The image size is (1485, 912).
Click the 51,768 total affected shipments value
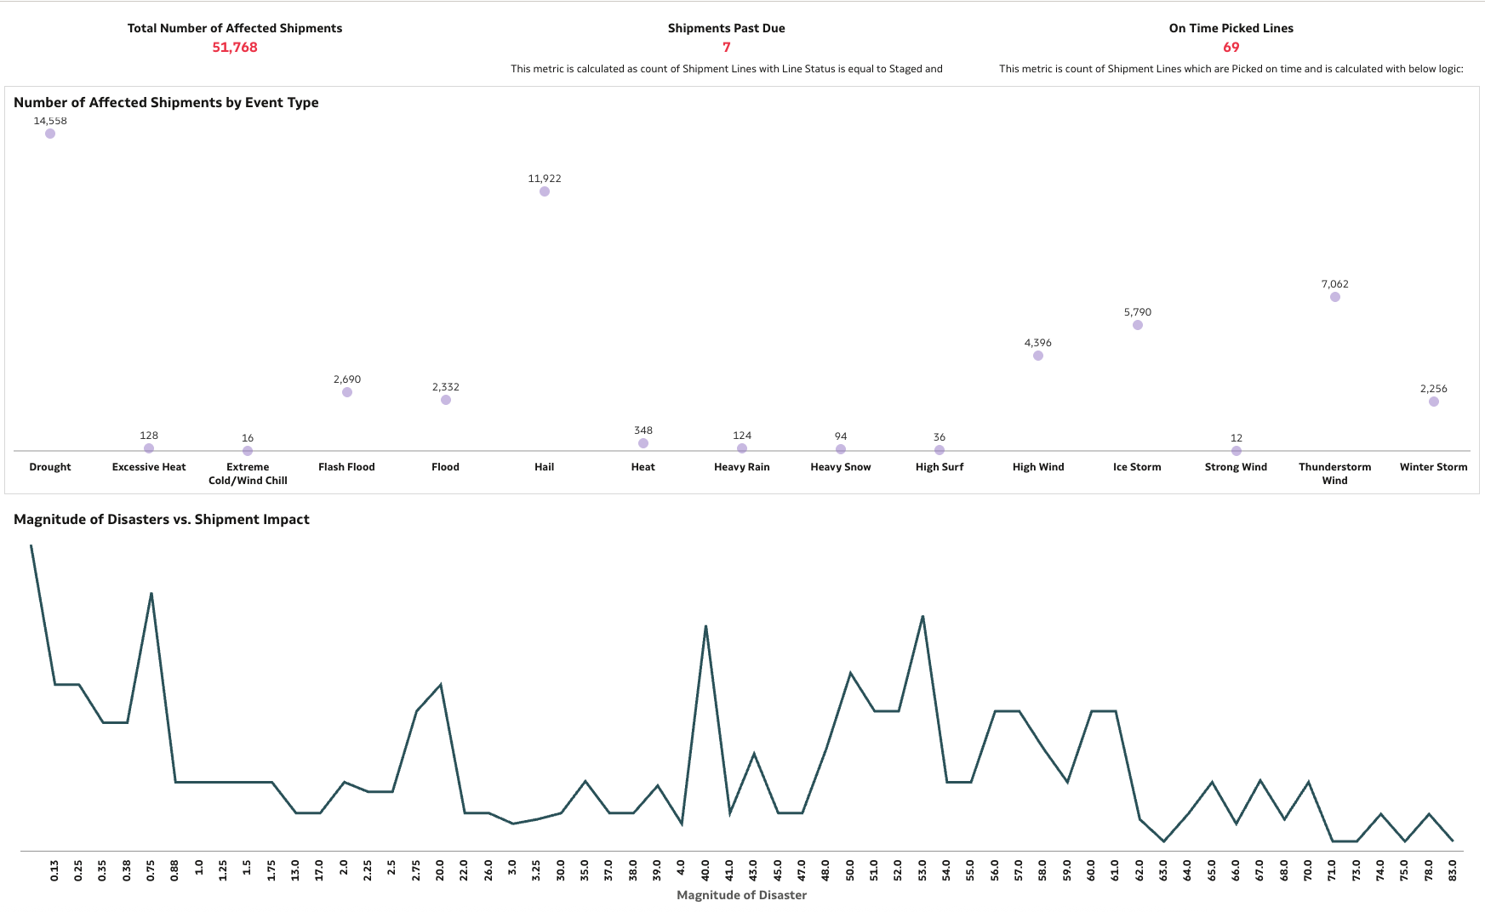(x=234, y=48)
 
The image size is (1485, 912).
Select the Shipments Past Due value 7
(x=726, y=48)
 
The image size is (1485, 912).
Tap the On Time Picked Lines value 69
(x=1231, y=48)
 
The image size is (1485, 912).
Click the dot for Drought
(x=50, y=134)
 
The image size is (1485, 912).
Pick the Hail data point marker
(x=545, y=191)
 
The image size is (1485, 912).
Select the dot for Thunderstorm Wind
(x=1334, y=297)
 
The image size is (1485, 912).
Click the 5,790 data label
(x=1137, y=312)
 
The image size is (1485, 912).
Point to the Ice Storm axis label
(x=1137, y=467)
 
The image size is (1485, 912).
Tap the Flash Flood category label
(x=346, y=467)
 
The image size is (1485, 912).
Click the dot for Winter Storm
(x=1433, y=402)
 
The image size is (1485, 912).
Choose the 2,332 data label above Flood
(x=445, y=387)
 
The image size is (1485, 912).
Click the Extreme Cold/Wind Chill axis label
(x=248, y=474)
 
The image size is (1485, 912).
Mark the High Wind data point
(x=1038, y=356)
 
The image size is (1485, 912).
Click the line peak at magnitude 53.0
(x=922, y=616)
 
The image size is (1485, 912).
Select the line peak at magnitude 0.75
(x=151, y=594)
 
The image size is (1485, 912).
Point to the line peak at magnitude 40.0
(x=705, y=627)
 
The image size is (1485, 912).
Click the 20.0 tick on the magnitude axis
(x=440, y=869)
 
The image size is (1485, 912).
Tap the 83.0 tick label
(x=1453, y=869)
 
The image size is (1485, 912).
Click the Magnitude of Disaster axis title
(x=741, y=895)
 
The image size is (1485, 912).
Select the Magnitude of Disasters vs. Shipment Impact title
(x=162, y=519)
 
